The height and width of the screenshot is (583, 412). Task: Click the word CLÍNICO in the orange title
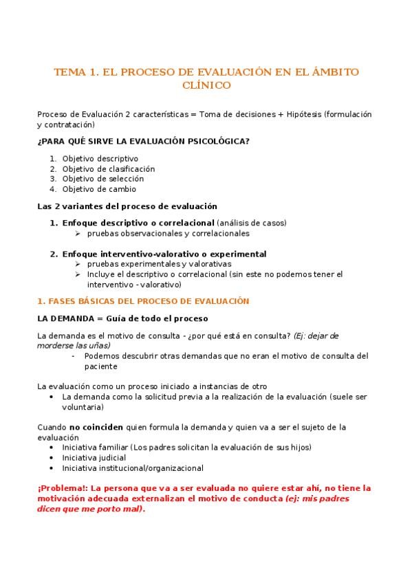tap(206, 85)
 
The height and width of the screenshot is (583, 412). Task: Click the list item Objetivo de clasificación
tap(108, 168)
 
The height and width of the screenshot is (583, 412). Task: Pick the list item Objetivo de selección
tap(102, 179)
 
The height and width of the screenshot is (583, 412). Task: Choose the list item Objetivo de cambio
tap(99, 189)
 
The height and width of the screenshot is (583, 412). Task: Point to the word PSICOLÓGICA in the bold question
tap(210, 141)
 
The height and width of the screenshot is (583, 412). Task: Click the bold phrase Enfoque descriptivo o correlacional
tap(138, 223)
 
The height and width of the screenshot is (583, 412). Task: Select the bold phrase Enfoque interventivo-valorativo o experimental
tap(164, 254)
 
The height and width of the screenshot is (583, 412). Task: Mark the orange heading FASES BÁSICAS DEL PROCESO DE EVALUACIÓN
tap(148, 301)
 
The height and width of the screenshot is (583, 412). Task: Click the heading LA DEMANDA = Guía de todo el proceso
tap(122, 318)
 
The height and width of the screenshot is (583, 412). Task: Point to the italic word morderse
tap(55, 345)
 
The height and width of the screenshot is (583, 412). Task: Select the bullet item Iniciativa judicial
tap(94, 458)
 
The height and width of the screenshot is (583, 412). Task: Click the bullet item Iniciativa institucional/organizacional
tap(132, 468)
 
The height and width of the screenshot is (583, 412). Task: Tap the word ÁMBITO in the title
tap(333, 71)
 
